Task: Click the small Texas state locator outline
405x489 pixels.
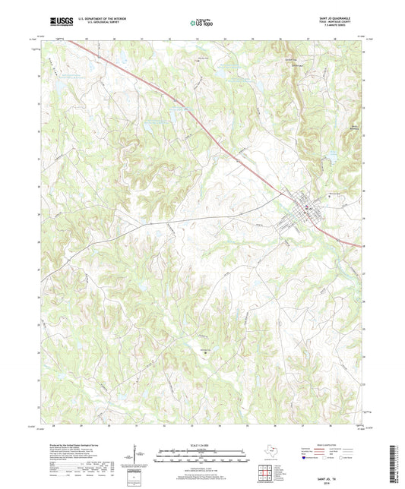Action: pyautogui.click(x=269, y=453)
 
